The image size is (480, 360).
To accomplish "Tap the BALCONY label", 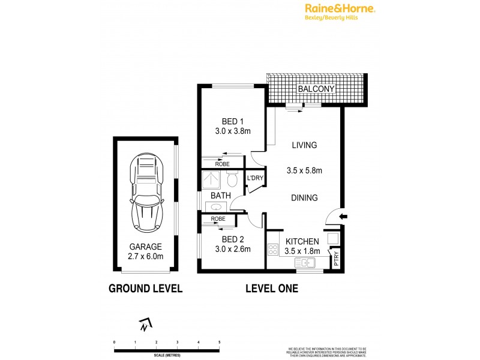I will (x=316, y=89).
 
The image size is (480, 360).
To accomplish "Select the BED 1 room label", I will (x=224, y=121).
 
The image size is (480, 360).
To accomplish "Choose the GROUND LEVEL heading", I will (x=145, y=289).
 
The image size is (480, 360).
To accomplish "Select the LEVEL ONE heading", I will (x=272, y=289).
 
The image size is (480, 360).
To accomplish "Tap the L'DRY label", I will (x=256, y=178).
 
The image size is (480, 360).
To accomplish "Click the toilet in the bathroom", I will (x=233, y=180).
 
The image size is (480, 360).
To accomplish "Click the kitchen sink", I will (x=304, y=262).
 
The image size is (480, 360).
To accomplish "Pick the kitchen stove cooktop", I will (x=273, y=250).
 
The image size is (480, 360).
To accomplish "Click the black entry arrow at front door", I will (x=341, y=217).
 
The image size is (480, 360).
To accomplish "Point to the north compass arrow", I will (x=144, y=326).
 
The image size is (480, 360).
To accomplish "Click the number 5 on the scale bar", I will (x=220, y=341).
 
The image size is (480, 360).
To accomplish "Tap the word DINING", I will (x=304, y=198).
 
